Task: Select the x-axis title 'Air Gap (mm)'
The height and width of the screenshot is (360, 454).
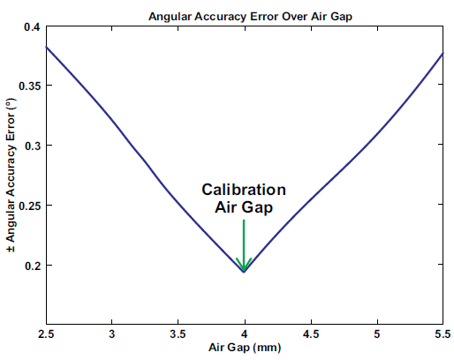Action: pyautogui.click(x=244, y=349)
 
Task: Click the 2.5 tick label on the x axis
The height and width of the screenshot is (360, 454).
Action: pyautogui.click(x=46, y=334)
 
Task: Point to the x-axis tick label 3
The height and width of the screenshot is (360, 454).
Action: pyautogui.click(x=112, y=334)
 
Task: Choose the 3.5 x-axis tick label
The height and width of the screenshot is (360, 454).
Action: pyautogui.click(x=178, y=334)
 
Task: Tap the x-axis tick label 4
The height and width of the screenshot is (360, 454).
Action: pyautogui.click(x=244, y=334)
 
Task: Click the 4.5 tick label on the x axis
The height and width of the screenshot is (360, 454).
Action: pyautogui.click(x=310, y=334)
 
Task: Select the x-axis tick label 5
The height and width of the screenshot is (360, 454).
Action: pyautogui.click(x=376, y=334)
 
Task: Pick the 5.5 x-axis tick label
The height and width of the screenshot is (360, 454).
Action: pyautogui.click(x=442, y=334)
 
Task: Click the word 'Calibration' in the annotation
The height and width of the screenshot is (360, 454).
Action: pyautogui.click(x=244, y=190)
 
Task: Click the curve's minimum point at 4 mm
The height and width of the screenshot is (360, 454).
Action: pyautogui.click(x=244, y=272)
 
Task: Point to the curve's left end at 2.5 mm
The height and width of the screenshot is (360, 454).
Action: pyautogui.click(x=46, y=46)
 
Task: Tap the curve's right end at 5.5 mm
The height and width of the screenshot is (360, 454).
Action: pyautogui.click(x=442, y=54)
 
